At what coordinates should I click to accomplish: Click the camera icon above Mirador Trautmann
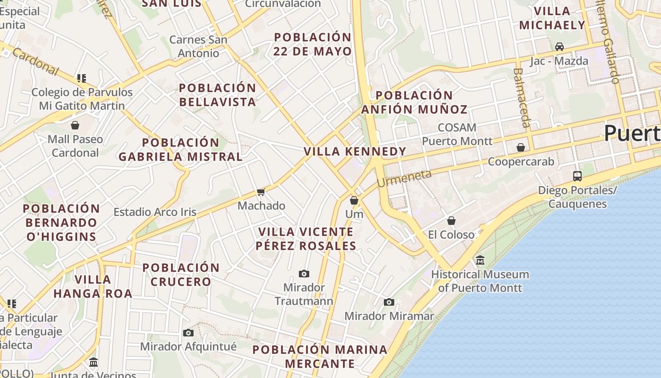pyautogui.click(x=304, y=274)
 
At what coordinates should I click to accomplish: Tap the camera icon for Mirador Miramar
pyautogui.click(x=389, y=302)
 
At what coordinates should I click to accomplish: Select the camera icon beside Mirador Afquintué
pyautogui.click(x=188, y=333)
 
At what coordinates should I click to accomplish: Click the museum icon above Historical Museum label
pyautogui.click(x=480, y=260)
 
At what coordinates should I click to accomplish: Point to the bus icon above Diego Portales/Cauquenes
pyautogui.click(x=577, y=176)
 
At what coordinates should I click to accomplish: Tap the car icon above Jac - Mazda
pyautogui.click(x=559, y=47)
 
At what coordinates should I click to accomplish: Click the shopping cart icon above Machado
pyautogui.click(x=261, y=192)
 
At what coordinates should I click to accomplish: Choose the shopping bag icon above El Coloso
pyautogui.click(x=451, y=221)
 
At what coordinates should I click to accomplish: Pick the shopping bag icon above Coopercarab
pyautogui.click(x=521, y=148)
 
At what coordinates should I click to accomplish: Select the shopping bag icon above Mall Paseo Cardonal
pyautogui.click(x=75, y=125)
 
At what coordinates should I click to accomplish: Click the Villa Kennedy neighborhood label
pyautogui.click(x=355, y=152)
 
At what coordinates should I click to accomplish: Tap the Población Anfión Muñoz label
pyautogui.click(x=414, y=103)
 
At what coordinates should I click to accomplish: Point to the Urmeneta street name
pyautogui.click(x=404, y=179)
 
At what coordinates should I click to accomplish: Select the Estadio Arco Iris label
pyautogui.click(x=155, y=212)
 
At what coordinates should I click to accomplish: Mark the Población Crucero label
pyautogui.click(x=181, y=275)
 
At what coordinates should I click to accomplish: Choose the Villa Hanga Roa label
pyautogui.click(x=93, y=286)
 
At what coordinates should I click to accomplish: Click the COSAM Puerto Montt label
pyautogui.click(x=457, y=134)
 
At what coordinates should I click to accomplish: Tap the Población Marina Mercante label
pyautogui.click(x=320, y=357)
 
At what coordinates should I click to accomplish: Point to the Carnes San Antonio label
pyautogui.click(x=198, y=46)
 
